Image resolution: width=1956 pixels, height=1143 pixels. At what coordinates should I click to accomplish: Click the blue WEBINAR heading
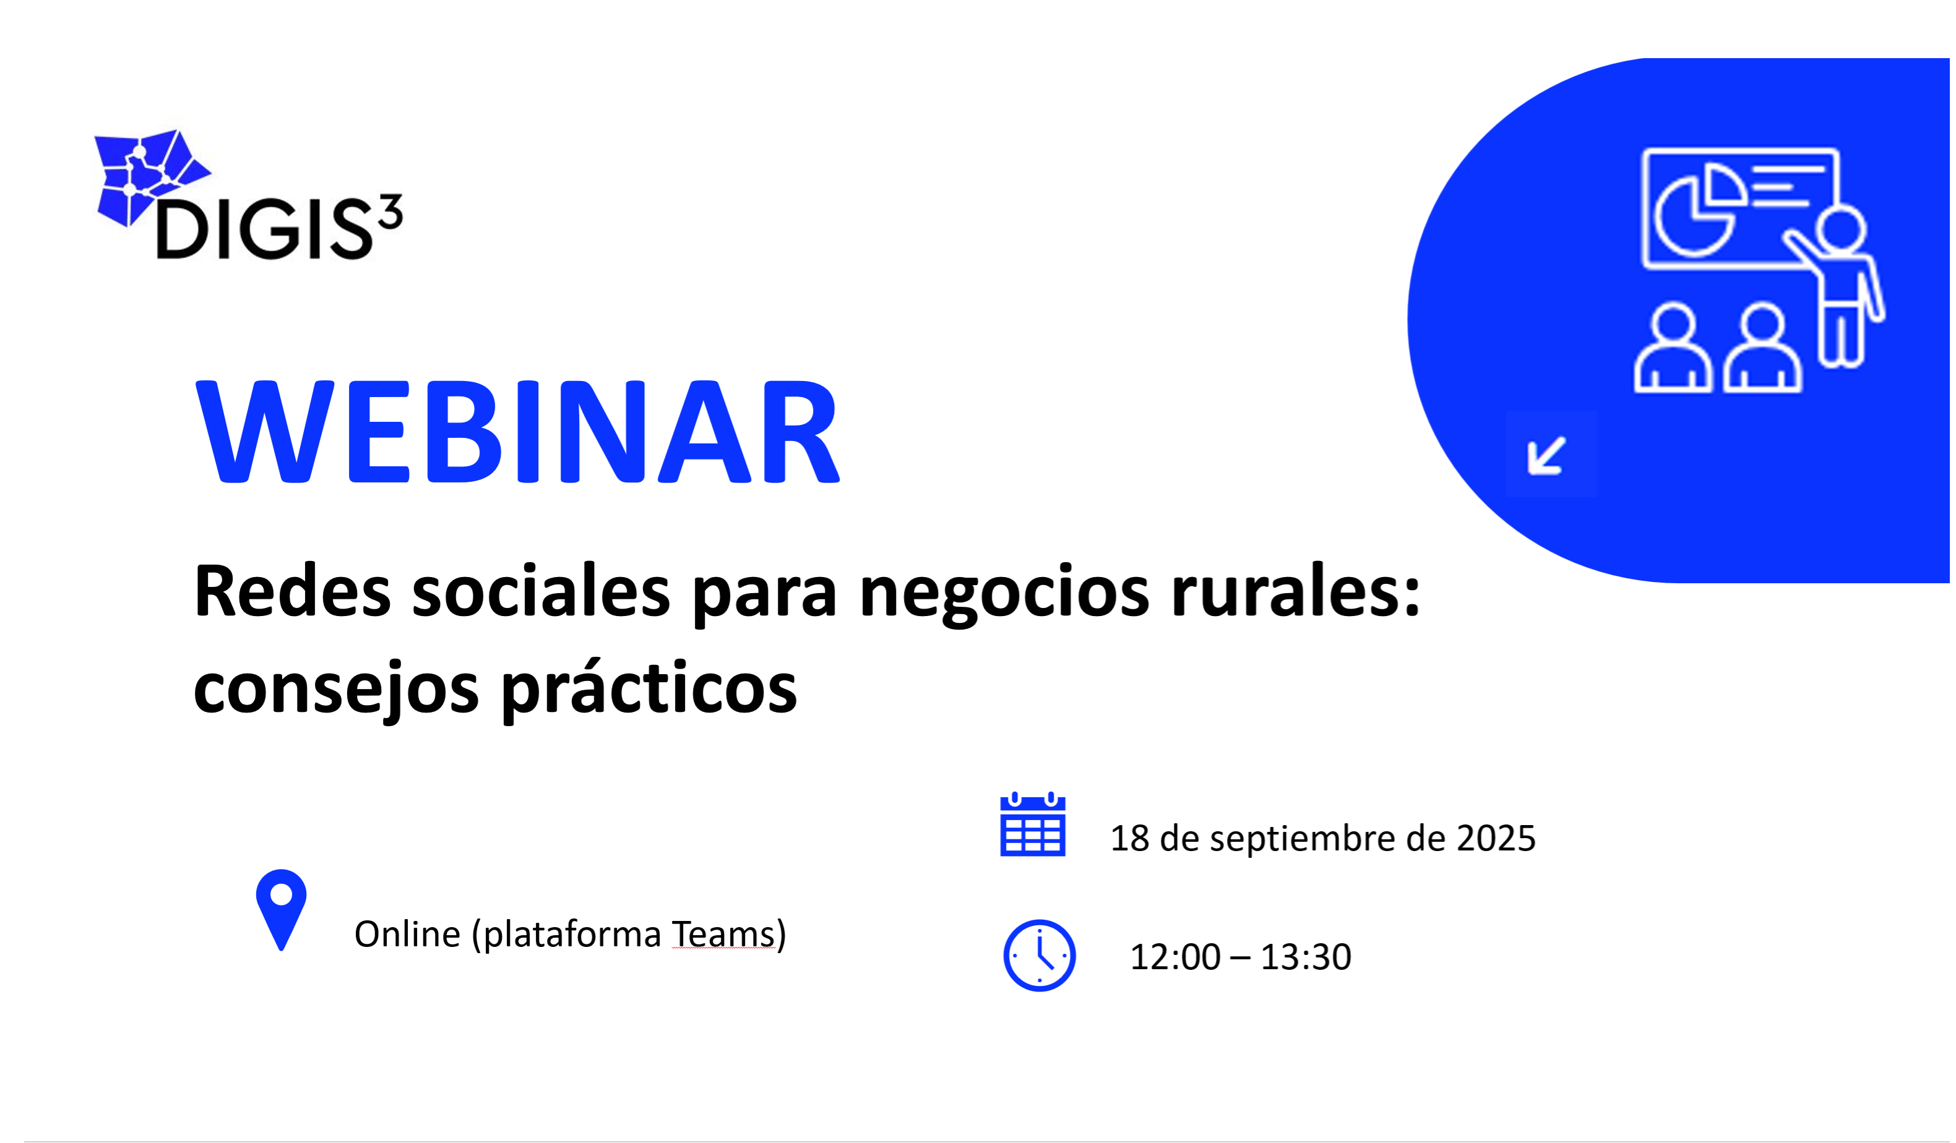pyautogui.click(x=518, y=432)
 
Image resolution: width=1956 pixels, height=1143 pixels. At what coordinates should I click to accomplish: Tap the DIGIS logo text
pyautogui.click(x=264, y=229)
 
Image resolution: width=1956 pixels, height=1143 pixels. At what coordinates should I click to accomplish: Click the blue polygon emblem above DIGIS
pyautogui.click(x=147, y=174)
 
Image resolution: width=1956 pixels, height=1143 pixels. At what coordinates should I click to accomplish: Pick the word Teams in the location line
pyautogui.click(x=723, y=933)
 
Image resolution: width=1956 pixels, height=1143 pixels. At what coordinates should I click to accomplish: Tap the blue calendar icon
pyautogui.click(x=1032, y=825)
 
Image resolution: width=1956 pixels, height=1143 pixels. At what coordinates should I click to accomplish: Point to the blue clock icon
pyautogui.click(x=1040, y=955)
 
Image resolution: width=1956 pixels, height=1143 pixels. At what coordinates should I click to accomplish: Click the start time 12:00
pyautogui.click(x=1175, y=957)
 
